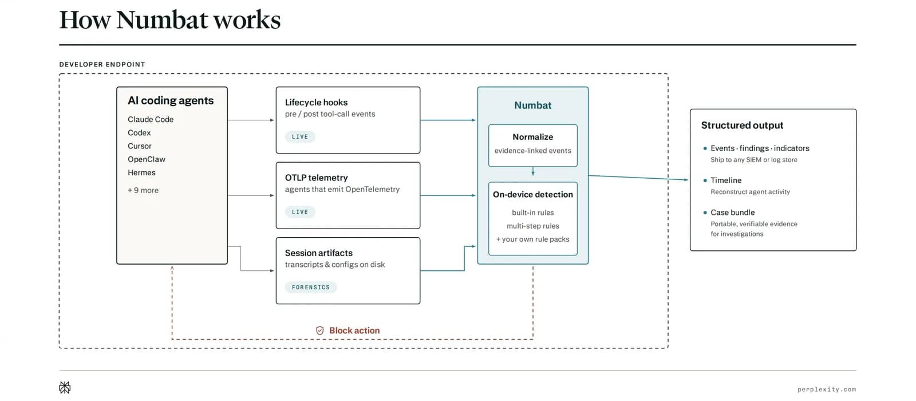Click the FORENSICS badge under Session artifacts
[311, 287]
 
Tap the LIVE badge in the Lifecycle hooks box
[300, 137]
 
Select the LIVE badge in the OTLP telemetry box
[300, 212]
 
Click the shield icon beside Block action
[320, 331]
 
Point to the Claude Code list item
[151, 120]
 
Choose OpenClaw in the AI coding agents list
[147, 160]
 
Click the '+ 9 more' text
[143, 190]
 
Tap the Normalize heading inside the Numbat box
[533, 137]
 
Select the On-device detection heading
[533, 195]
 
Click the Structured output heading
[742, 125]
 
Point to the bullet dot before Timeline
[705, 180]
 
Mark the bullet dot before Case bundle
[705, 213]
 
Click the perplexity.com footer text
[827, 390]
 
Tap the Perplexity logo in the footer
[65, 387]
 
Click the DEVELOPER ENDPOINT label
[102, 65]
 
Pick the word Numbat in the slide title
[162, 19]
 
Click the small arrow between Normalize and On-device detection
[533, 171]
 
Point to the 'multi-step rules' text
[533, 226]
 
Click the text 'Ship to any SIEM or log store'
[754, 160]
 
